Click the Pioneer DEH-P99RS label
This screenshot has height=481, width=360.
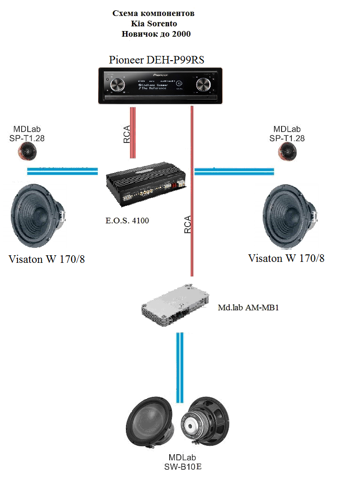[157, 60]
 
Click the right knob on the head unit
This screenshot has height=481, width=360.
[203, 85]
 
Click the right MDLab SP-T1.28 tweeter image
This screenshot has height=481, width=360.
[287, 150]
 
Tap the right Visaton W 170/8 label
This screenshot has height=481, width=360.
[286, 258]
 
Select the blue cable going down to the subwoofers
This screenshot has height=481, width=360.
[180, 367]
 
